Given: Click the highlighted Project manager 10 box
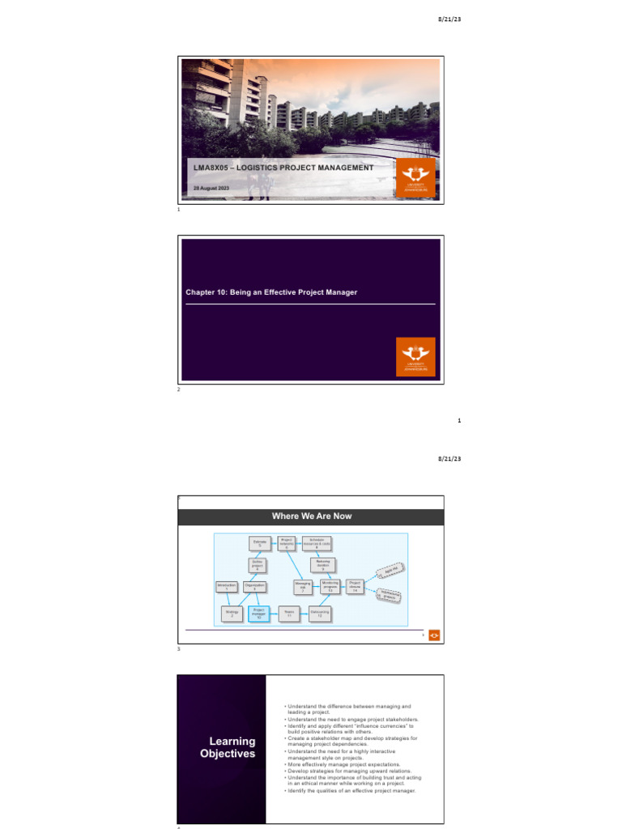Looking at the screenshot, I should (x=258, y=614).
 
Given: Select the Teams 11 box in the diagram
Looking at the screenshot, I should (x=289, y=614).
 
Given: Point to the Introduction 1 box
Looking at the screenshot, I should (x=227, y=586).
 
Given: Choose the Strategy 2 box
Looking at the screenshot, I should (x=232, y=614).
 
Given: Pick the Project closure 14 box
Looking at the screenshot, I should (x=355, y=586).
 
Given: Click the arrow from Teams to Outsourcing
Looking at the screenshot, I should (x=304, y=614).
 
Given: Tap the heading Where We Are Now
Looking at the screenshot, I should (x=312, y=517).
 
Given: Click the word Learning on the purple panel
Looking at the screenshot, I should (x=232, y=741).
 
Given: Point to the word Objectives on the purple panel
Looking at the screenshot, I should (x=228, y=754).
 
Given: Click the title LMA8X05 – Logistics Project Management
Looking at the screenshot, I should (x=281, y=168).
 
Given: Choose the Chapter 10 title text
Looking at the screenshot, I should (x=271, y=291).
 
